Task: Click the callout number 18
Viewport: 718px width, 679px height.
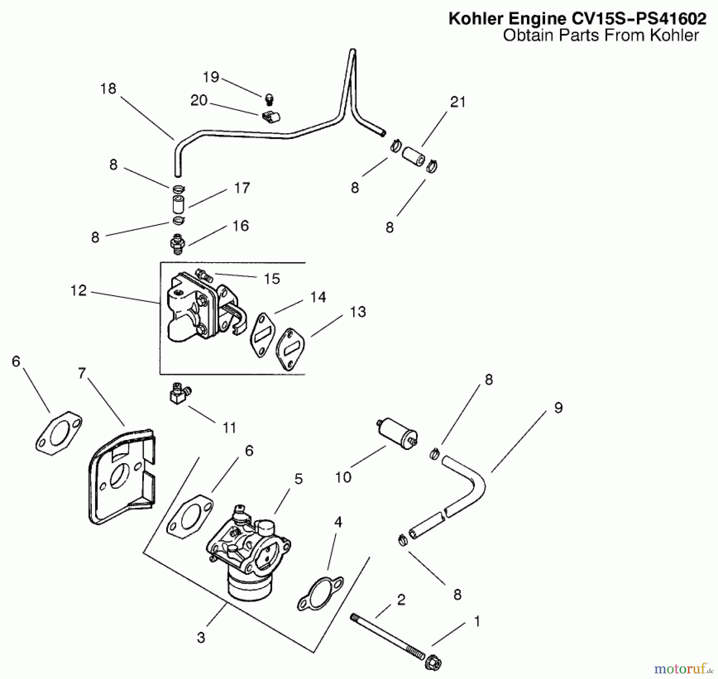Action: click(x=108, y=89)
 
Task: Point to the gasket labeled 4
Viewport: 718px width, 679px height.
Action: click(x=320, y=594)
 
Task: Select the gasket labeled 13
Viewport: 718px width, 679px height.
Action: click(x=291, y=349)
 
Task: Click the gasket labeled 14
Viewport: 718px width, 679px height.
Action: click(x=262, y=336)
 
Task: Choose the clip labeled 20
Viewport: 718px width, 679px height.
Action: click(x=271, y=117)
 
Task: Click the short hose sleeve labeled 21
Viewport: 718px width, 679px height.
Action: click(x=413, y=157)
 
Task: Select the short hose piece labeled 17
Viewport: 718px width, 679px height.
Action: click(x=178, y=204)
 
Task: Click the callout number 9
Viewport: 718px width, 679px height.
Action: click(x=558, y=408)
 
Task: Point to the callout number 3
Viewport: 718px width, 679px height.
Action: click(x=201, y=638)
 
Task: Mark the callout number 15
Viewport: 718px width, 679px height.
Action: click(x=272, y=279)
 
